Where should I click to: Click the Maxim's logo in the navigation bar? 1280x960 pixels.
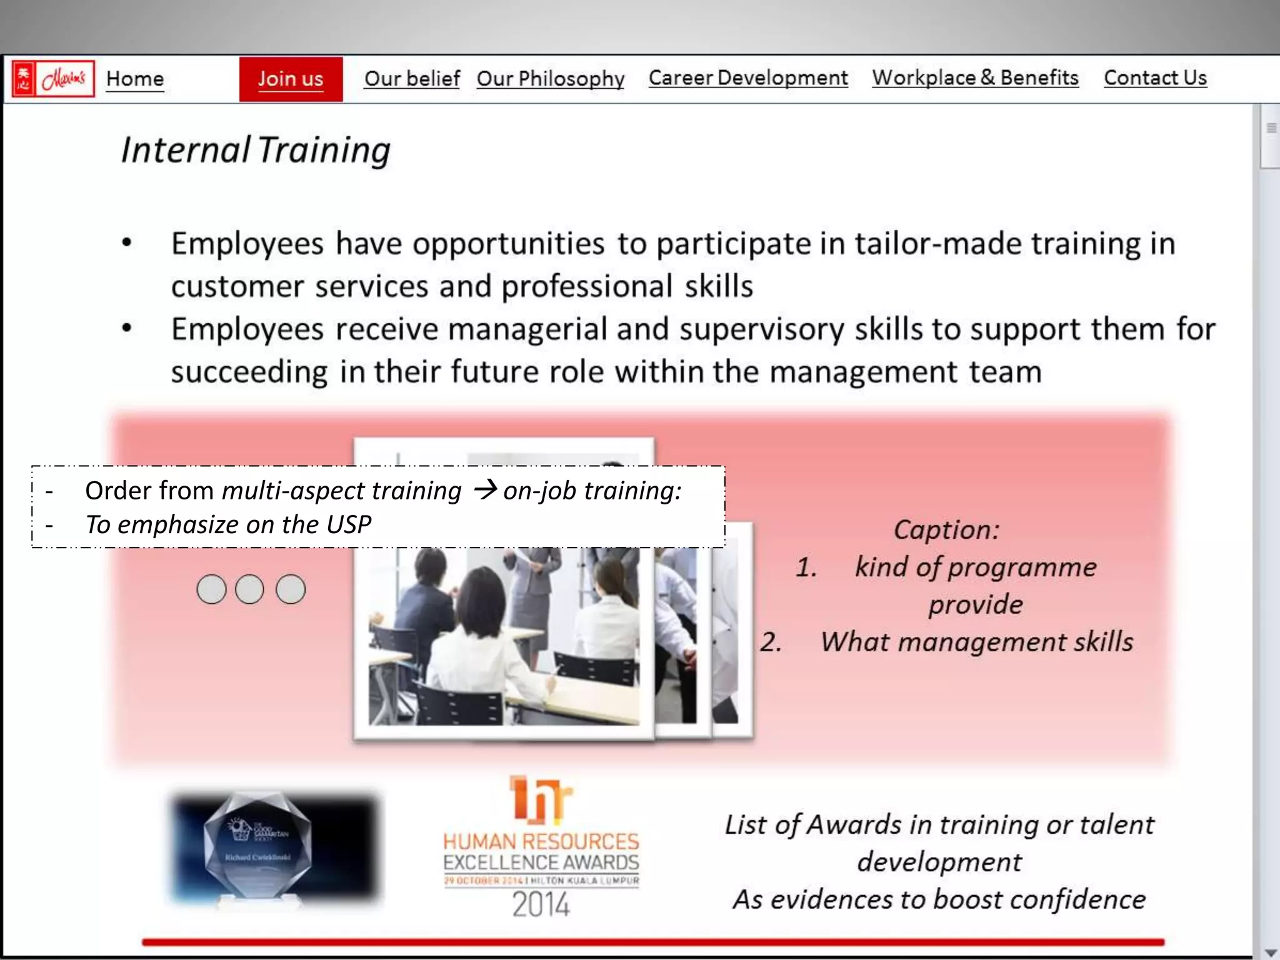[x=53, y=79]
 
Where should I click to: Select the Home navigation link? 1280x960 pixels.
[x=135, y=79]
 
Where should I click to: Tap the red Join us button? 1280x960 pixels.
[x=291, y=79]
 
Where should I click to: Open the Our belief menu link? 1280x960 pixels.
[x=412, y=79]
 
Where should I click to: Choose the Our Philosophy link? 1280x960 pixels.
[x=551, y=79]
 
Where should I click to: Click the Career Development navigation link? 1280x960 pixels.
[x=748, y=78]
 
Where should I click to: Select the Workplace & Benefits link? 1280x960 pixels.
[x=975, y=78]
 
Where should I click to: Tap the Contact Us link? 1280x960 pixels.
[x=1155, y=78]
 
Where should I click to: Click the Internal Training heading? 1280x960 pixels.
[x=256, y=151]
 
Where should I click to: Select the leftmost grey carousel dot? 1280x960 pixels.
[x=211, y=589]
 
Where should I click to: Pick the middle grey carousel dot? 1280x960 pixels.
[x=249, y=589]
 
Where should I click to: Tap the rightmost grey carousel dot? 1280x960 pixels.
[x=291, y=589]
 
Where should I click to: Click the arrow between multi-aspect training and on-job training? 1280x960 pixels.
[x=485, y=489]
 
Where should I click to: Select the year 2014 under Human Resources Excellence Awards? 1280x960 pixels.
[x=541, y=904]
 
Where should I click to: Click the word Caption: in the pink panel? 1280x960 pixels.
[x=946, y=530]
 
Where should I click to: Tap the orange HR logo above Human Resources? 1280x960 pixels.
[x=540, y=799]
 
